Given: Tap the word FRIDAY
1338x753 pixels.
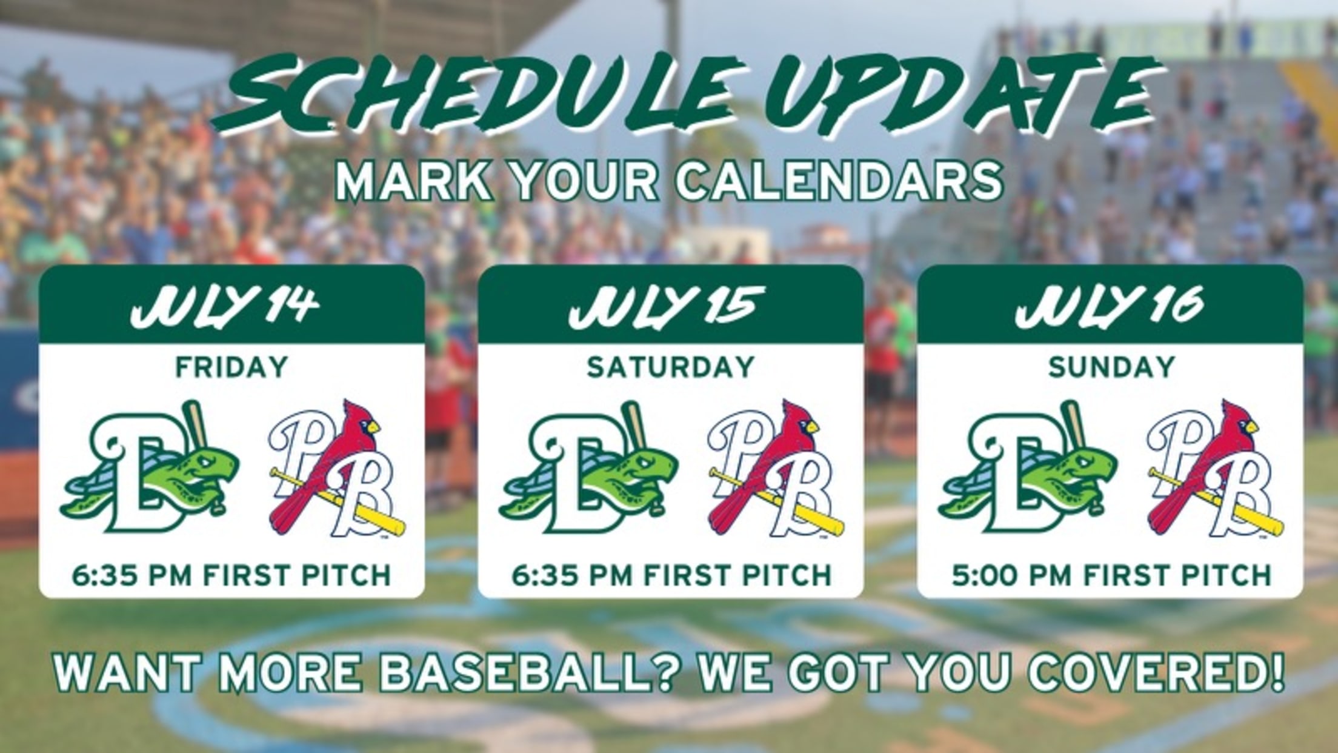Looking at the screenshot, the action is (x=231, y=367).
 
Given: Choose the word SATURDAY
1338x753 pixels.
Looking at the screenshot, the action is (x=671, y=367).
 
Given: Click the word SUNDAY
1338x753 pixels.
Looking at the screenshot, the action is (x=1111, y=367).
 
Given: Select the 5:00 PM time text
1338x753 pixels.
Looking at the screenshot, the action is (x=1012, y=575).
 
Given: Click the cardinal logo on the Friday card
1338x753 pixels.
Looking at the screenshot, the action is (x=337, y=468).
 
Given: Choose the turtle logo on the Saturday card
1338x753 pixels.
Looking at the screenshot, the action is (x=588, y=468).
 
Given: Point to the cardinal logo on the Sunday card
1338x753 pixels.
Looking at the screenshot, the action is (x=1216, y=468).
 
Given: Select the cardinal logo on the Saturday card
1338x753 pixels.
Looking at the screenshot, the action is (x=776, y=468).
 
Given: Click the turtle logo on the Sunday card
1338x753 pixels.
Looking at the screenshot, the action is (x=1028, y=468).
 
